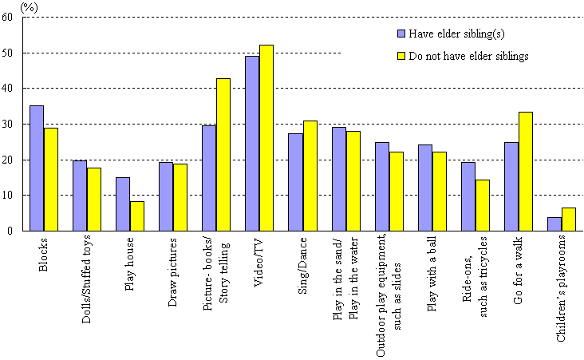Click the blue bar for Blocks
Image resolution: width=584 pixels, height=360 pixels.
click(37, 168)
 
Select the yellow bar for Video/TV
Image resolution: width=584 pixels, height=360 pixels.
click(266, 137)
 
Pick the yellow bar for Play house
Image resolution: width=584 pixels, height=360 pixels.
click(137, 216)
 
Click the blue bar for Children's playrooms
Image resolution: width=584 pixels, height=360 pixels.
click(554, 224)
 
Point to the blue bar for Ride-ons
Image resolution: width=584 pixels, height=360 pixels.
click(468, 196)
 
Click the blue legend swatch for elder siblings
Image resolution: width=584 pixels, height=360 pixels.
click(401, 34)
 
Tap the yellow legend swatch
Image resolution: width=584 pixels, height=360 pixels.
click(401, 57)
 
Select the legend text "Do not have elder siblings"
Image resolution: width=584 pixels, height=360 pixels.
click(468, 57)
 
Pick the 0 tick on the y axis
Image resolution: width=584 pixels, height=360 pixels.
click(18, 231)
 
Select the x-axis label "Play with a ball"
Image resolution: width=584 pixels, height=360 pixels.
click(432, 267)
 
